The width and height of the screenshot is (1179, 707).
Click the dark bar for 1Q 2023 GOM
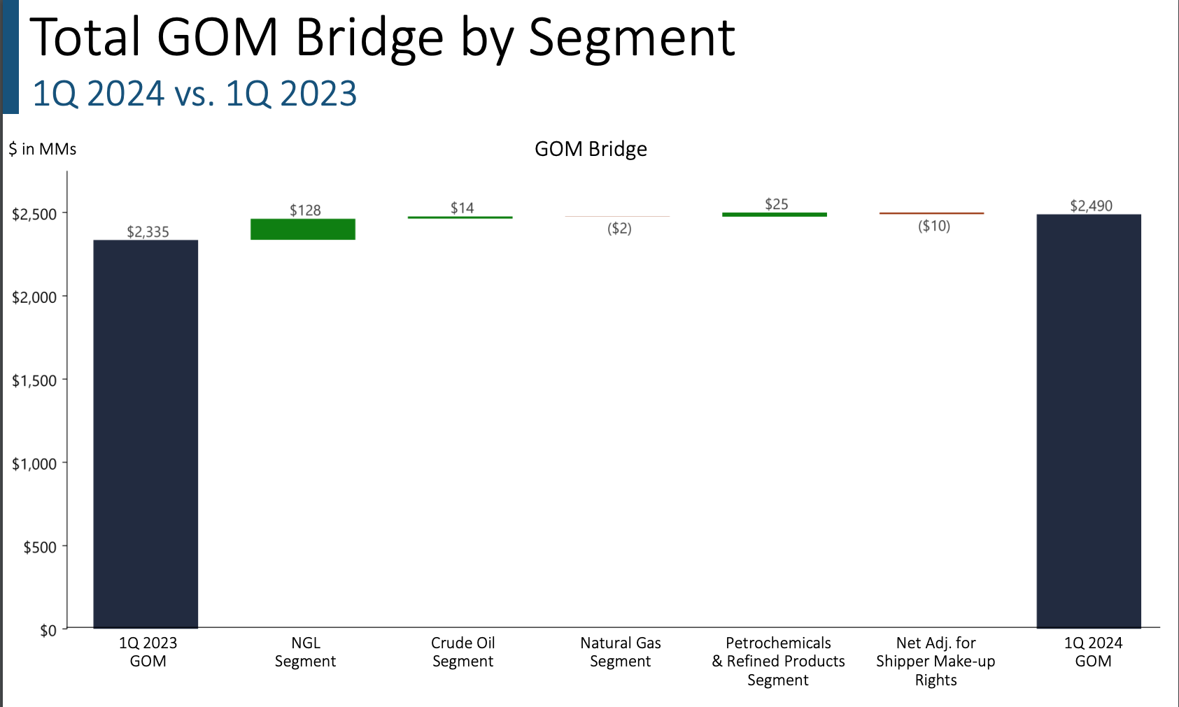coord(146,434)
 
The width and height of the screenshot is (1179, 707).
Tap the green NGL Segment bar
coord(303,229)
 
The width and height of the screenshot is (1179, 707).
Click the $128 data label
coord(305,210)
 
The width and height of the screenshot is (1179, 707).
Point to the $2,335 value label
coord(148,232)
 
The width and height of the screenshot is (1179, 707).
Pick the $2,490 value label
coord(1091,206)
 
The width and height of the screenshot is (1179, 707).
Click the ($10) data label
coord(934,226)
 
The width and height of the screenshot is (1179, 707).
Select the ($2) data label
coord(619,229)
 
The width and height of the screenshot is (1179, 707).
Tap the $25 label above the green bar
coord(776,204)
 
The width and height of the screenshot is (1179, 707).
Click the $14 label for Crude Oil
coord(462,208)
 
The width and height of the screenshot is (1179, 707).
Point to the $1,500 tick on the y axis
coord(34,381)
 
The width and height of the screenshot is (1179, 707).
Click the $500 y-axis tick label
coord(40,548)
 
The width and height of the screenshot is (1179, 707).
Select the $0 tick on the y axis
coord(48,631)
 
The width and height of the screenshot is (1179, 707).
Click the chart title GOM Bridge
coord(591,149)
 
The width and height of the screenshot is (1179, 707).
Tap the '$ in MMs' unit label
coord(43,149)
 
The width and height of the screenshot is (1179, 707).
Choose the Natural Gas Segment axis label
coord(620,652)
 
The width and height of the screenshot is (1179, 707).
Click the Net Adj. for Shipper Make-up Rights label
coord(936,661)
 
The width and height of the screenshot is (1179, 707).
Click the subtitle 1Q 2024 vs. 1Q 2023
coord(195,94)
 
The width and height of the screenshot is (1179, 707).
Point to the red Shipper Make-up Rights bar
coord(931,213)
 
